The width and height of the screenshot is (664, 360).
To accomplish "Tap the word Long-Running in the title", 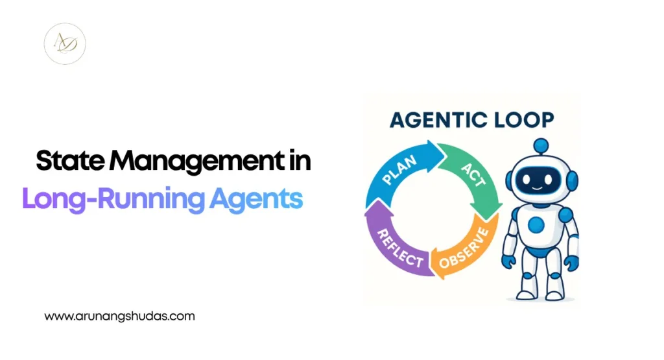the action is pyautogui.click(x=113, y=198).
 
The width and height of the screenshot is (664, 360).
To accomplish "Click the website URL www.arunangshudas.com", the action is pyautogui.click(x=119, y=317).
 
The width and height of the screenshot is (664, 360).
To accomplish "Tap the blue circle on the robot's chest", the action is pyautogui.click(x=536, y=224).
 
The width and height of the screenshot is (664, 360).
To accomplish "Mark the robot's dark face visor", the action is pyautogui.click(x=538, y=180).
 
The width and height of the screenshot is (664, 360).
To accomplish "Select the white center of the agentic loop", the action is pyautogui.click(x=432, y=210).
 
